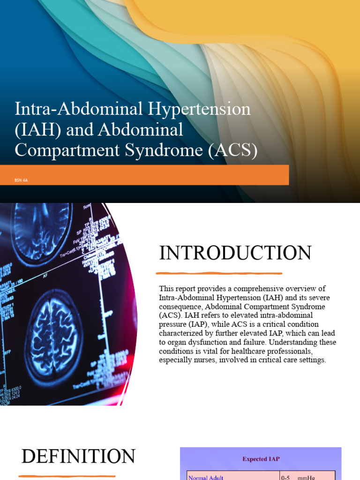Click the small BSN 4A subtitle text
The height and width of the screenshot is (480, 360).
22,180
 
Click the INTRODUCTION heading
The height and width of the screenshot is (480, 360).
235,253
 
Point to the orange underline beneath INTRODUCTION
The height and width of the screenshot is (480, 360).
219,273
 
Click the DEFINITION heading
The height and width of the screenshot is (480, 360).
78,457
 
